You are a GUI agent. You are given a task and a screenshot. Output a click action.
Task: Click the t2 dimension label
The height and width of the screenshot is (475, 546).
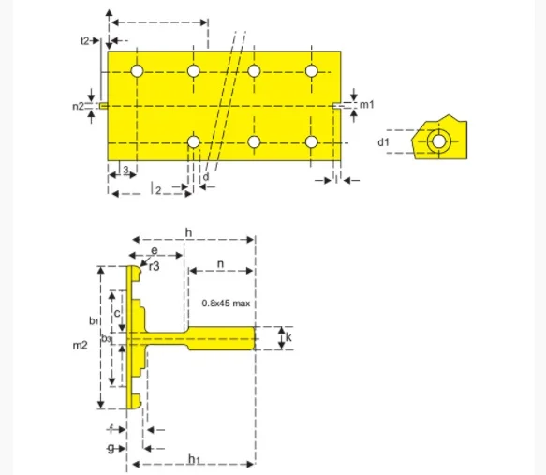click(86, 40)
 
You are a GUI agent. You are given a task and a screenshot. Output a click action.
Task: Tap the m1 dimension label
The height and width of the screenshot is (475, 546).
click(367, 104)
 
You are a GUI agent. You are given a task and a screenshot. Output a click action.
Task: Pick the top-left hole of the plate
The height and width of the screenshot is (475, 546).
click(137, 71)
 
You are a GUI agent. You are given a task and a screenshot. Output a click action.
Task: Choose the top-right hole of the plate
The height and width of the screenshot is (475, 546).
click(312, 71)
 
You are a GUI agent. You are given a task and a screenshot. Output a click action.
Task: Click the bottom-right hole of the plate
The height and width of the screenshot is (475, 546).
click(312, 142)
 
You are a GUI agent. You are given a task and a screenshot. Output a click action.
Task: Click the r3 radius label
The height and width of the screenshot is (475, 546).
click(155, 266)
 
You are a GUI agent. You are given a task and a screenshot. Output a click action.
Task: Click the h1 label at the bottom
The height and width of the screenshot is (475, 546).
click(193, 457)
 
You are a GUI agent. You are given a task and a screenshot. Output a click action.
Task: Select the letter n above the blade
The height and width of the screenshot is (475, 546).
click(219, 264)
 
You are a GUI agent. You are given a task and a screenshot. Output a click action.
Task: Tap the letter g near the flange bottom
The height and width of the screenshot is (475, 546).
click(111, 449)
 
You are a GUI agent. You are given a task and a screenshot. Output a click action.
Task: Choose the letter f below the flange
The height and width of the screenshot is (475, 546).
click(111, 428)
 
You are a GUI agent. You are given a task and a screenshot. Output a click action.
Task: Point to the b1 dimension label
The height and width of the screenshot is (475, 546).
click(94, 321)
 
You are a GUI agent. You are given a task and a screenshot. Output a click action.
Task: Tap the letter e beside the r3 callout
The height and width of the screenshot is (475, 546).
click(155, 251)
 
